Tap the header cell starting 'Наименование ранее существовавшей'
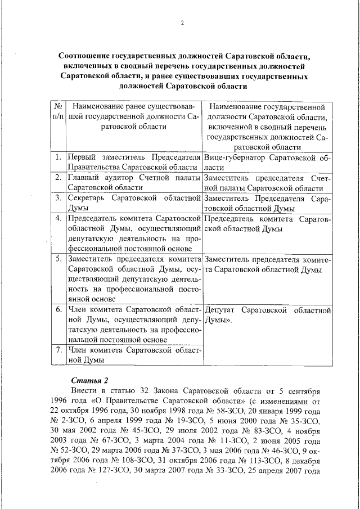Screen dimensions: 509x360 133,116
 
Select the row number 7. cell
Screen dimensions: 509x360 58,350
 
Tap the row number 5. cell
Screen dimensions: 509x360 58,259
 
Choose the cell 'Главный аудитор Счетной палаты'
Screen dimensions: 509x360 133,183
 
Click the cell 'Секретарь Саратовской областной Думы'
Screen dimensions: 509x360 133,203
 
